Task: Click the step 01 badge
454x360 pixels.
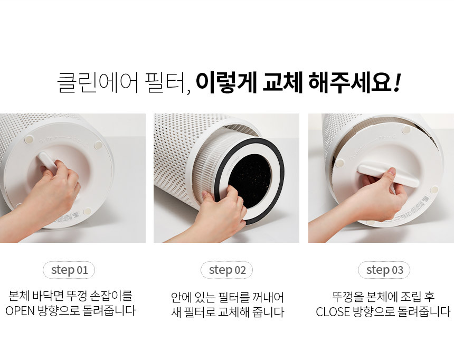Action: coord(69,270)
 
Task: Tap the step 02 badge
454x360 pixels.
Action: coord(226,270)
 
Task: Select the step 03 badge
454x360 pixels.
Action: coord(384,270)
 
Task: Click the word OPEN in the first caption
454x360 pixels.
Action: coord(20,311)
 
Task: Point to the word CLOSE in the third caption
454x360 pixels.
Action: coord(333,312)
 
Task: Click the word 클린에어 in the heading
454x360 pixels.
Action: coord(98,82)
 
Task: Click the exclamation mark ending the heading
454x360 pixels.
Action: coord(396,83)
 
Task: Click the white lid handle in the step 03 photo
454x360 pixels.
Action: coord(388,175)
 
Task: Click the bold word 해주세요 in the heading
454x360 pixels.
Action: coord(350,82)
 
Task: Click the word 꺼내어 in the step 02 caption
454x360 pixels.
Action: coord(268,297)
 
